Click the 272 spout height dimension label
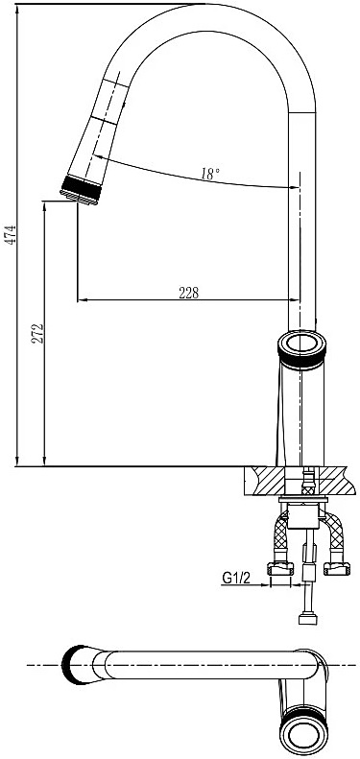(37, 334)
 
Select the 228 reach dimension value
(189, 293)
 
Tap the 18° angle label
(210, 174)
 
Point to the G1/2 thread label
(236, 578)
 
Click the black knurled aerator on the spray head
(82, 188)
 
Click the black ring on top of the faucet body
(301, 350)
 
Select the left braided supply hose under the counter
(281, 537)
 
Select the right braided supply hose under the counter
(334, 537)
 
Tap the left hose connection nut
(280, 569)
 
